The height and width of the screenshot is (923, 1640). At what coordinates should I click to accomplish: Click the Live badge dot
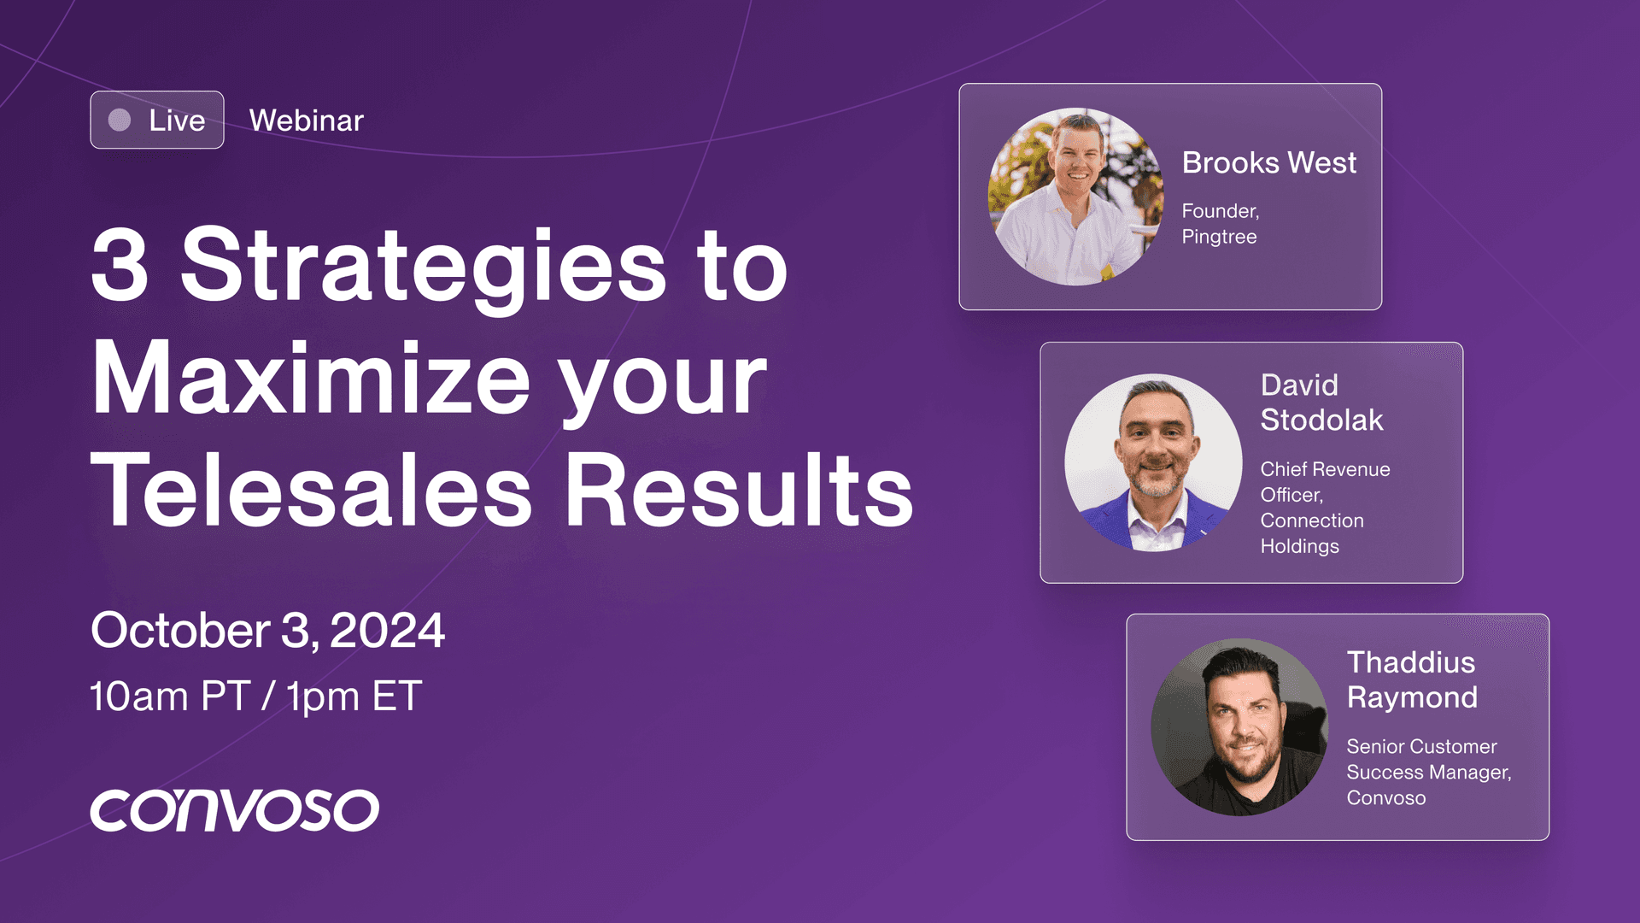pyautogui.click(x=120, y=120)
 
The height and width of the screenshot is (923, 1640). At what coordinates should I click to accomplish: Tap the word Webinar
pyautogui.click(x=307, y=121)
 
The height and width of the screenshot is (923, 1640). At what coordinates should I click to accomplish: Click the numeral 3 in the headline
pyautogui.click(x=120, y=265)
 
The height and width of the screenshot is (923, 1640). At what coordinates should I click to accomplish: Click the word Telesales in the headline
pyautogui.click(x=312, y=489)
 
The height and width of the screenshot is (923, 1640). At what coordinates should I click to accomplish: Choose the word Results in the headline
pyautogui.click(x=740, y=489)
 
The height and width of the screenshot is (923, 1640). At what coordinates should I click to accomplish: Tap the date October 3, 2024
pyautogui.click(x=267, y=631)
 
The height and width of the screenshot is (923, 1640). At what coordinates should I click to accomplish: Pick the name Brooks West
pyautogui.click(x=1269, y=162)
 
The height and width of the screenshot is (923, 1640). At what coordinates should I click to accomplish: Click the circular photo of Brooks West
pyautogui.click(x=1076, y=197)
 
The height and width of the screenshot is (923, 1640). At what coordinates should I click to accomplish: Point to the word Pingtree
pyautogui.click(x=1219, y=238)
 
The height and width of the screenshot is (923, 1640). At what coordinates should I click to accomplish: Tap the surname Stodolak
pyautogui.click(x=1321, y=420)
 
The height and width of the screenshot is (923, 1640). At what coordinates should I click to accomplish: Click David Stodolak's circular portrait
pyautogui.click(x=1153, y=462)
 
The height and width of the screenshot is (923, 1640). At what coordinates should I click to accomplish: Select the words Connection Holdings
pyautogui.click(x=1312, y=533)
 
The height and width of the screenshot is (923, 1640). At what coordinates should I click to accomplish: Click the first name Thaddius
pyautogui.click(x=1411, y=662)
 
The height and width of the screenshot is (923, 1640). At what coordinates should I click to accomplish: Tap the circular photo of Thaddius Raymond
pyautogui.click(x=1239, y=727)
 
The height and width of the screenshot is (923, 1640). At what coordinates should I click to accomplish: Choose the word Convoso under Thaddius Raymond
pyautogui.click(x=1386, y=798)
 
